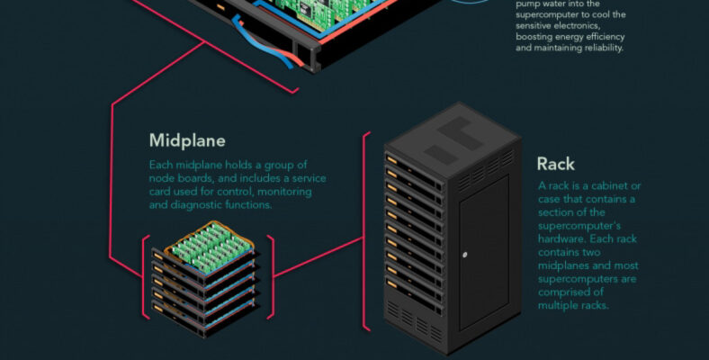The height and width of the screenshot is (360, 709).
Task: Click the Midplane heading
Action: point(187,140)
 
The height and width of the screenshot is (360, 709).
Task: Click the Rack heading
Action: point(555,164)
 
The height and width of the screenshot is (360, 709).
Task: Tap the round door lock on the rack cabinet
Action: point(465,255)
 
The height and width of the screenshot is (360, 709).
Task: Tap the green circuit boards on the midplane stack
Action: point(211,247)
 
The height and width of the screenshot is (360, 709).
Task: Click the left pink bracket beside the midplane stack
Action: point(146,277)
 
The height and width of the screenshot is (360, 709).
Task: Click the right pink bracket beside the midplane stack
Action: point(272,277)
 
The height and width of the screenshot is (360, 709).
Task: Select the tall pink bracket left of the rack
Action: point(365,231)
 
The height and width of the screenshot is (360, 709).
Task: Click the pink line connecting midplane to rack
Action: point(319,256)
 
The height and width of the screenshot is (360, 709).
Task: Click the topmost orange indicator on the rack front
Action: point(391,160)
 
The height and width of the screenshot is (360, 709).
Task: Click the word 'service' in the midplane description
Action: point(309,178)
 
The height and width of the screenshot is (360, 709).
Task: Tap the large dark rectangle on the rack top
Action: point(460,133)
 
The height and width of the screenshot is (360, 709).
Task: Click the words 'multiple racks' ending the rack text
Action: point(573,306)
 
